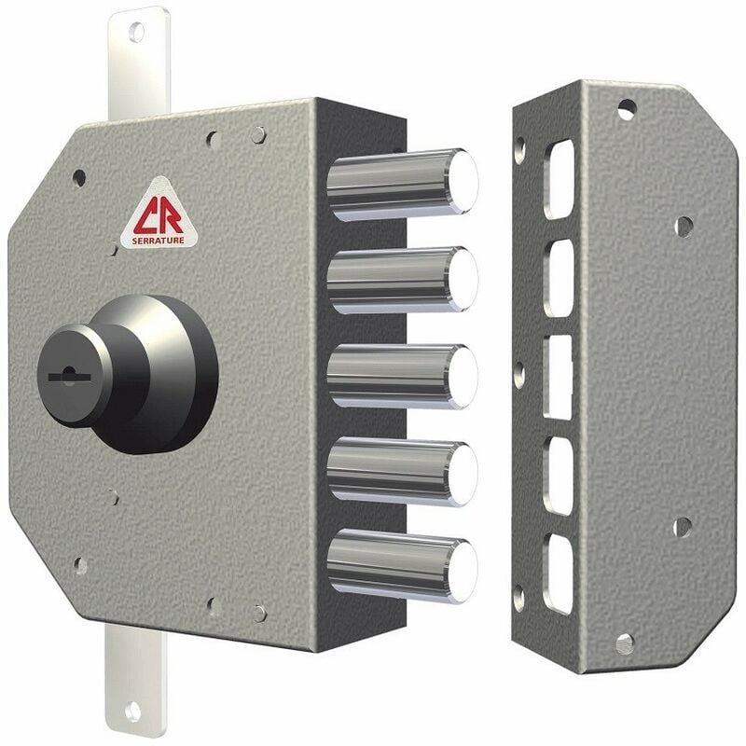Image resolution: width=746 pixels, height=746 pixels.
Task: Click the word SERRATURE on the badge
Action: pos(158,241)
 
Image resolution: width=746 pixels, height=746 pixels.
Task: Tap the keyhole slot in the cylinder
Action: pos(69,376)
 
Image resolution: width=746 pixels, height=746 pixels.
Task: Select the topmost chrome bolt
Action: pos(403,185)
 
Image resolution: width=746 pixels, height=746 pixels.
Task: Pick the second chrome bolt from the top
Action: pos(403,280)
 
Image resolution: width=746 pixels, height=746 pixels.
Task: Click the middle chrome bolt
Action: pos(403,377)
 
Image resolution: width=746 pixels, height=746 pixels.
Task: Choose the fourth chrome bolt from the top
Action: pos(403,472)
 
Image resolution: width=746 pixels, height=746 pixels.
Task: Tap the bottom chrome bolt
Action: pos(403,566)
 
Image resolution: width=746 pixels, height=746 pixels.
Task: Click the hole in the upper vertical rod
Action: pos(136,33)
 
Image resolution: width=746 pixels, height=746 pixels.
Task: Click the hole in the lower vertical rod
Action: pos(133,711)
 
